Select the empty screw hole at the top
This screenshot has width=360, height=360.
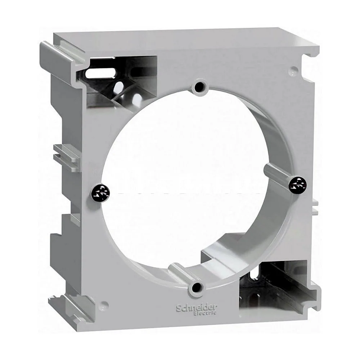(199, 87)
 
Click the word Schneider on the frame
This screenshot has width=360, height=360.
(197, 308)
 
